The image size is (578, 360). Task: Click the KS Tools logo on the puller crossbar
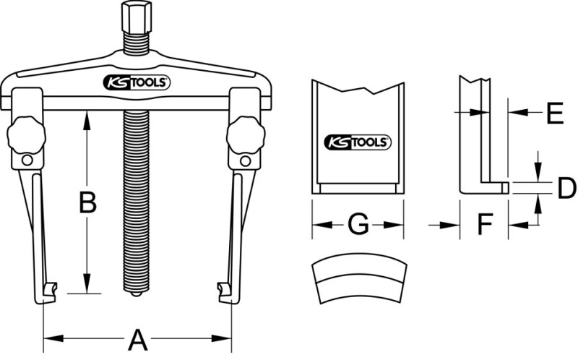137,82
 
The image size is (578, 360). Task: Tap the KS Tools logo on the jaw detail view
356,142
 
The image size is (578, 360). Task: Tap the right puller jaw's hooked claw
223,291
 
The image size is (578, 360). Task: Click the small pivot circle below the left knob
27,160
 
